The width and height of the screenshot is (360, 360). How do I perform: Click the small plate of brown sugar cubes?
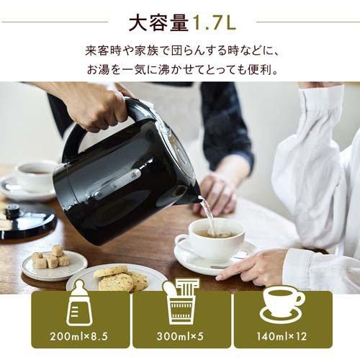pyautogui.click(x=54, y=263)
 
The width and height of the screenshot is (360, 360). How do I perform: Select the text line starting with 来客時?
pyautogui.click(x=180, y=52)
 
